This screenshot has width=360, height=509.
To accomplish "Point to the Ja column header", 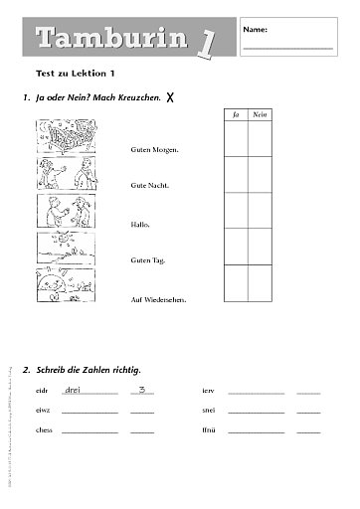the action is pyautogui.click(x=236, y=116).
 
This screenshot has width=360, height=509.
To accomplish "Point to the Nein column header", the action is pyautogui.click(x=262, y=116).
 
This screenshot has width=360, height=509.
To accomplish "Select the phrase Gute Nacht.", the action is pyautogui.click(x=148, y=186).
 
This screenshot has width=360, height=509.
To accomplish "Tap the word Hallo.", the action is pyautogui.click(x=140, y=224).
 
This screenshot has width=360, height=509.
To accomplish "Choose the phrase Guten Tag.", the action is pyautogui.click(x=146, y=260).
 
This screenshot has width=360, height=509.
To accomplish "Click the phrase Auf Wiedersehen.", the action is pyautogui.click(x=158, y=298).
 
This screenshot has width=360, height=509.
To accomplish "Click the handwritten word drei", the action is pyautogui.click(x=73, y=389).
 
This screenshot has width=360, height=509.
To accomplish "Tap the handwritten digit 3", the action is pyautogui.click(x=142, y=389).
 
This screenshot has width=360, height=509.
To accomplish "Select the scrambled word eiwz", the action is pyautogui.click(x=42, y=411).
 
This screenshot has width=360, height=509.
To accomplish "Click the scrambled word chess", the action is pyautogui.click(x=43, y=430).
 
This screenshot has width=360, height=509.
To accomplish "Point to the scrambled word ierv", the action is pyautogui.click(x=208, y=391).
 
